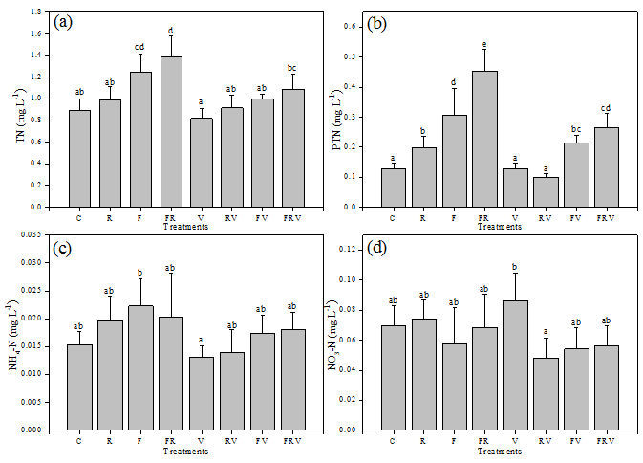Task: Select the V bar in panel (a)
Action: click(x=202, y=162)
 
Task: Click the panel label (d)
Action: click(x=378, y=250)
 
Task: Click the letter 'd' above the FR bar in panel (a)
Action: click(x=171, y=30)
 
